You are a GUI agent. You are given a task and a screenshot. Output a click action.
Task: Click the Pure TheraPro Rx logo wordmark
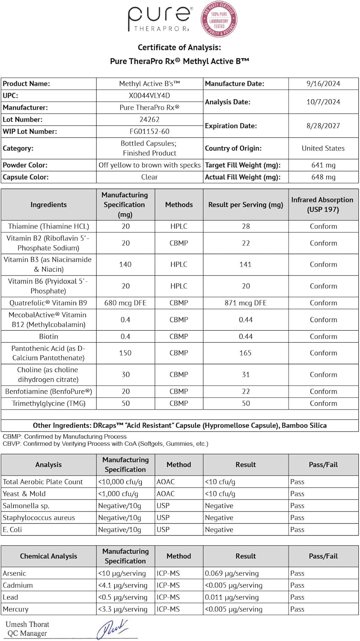point(159,19)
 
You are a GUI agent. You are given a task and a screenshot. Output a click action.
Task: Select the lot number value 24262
point(149,120)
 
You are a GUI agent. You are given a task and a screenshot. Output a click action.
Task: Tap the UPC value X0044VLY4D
point(149,96)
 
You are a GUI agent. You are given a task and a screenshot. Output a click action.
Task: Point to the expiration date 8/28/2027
point(323,126)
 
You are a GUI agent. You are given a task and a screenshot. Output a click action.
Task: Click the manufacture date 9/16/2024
point(323,84)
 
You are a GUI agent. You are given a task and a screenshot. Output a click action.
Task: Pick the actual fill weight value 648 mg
point(323,177)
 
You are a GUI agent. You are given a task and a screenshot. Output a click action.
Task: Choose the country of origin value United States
point(323,148)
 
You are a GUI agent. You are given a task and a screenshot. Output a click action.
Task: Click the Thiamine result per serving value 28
point(246,226)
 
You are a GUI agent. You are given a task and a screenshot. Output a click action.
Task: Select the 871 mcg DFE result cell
point(246,303)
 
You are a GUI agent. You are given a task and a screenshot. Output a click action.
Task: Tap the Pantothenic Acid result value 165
point(246,353)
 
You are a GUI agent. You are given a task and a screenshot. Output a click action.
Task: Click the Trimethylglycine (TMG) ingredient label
point(49,403)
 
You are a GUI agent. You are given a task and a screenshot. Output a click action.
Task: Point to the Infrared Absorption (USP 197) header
point(322,205)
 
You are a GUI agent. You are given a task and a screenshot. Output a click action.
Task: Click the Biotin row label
point(49,336)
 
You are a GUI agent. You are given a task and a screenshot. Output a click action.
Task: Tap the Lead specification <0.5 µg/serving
point(123,597)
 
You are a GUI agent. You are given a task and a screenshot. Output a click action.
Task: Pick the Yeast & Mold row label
point(24,494)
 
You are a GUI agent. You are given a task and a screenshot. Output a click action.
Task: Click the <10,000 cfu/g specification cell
point(120,482)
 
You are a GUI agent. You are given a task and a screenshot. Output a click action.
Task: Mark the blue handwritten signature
point(112,629)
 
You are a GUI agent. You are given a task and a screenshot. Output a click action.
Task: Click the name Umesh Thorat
point(27,624)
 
